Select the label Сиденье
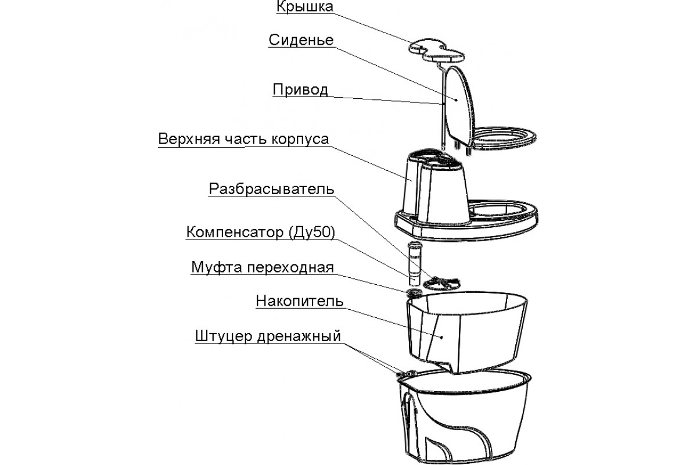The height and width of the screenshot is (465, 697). (x=301, y=40)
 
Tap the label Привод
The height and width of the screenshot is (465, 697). (x=300, y=90)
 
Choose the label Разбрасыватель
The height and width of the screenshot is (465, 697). (x=271, y=190)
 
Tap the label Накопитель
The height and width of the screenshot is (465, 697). (x=300, y=302)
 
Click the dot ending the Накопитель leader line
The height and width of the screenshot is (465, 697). (x=440, y=337)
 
